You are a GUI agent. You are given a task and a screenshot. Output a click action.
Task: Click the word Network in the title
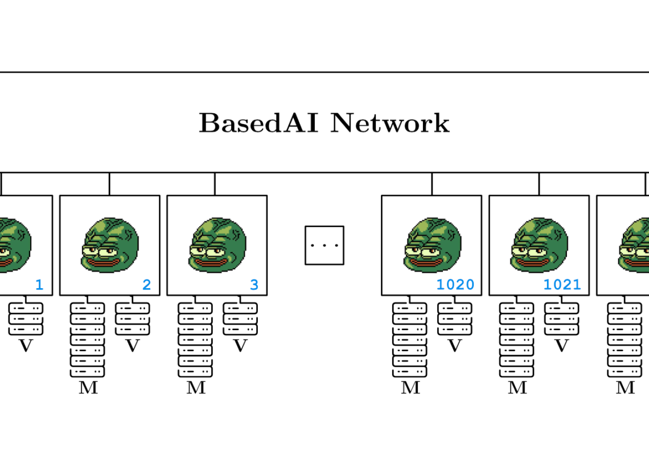(390, 123)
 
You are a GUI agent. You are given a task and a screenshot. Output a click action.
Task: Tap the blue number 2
(146, 285)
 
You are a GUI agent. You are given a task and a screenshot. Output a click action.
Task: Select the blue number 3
(254, 285)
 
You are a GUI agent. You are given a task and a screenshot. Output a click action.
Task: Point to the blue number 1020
(455, 285)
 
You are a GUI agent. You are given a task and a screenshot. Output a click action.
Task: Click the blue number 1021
(562, 285)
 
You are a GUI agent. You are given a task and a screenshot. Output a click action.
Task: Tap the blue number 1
(39, 285)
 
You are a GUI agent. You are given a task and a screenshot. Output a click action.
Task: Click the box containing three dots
(324, 245)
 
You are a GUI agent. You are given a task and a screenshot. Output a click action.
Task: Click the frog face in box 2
(110, 245)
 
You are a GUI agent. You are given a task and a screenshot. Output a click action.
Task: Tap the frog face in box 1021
(539, 245)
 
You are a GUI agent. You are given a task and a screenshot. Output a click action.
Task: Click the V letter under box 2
(133, 346)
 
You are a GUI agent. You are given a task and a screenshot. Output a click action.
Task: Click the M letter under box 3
(196, 388)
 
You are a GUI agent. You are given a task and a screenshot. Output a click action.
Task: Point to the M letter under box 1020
(410, 388)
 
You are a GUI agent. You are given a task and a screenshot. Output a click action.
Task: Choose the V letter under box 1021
(562, 346)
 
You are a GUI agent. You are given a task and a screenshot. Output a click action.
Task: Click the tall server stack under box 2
(88, 339)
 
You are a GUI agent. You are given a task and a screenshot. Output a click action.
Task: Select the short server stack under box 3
(240, 319)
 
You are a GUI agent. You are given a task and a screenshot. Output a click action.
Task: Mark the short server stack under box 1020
(455, 319)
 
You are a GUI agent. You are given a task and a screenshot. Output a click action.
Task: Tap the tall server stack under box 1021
(517, 339)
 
